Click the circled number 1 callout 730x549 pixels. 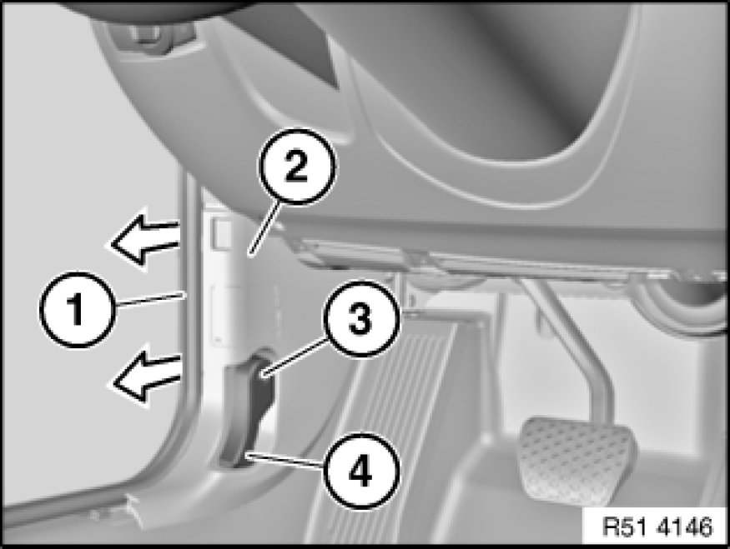tap(78, 310)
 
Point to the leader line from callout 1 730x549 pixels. tap(149, 299)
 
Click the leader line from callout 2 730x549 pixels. tap(264, 227)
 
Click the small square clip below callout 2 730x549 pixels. tap(220, 233)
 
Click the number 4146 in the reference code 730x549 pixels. tap(684, 527)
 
